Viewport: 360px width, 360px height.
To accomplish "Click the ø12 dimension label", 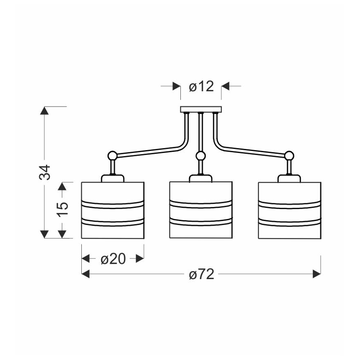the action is [201, 86].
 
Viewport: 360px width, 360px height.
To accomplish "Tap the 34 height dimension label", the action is [44, 172].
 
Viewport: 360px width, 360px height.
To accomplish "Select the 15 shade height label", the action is [63, 209].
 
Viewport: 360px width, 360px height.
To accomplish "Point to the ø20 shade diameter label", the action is [113, 259].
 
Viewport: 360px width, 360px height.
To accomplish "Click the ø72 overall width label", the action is [202, 274].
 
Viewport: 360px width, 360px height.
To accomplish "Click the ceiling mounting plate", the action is [201, 109].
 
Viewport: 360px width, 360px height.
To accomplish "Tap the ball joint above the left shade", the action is [112, 156].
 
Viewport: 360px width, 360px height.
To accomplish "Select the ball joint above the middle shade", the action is [201, 156].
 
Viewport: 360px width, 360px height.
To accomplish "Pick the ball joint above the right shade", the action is [289, 156].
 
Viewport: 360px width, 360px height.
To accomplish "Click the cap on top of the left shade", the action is [113, 178].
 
